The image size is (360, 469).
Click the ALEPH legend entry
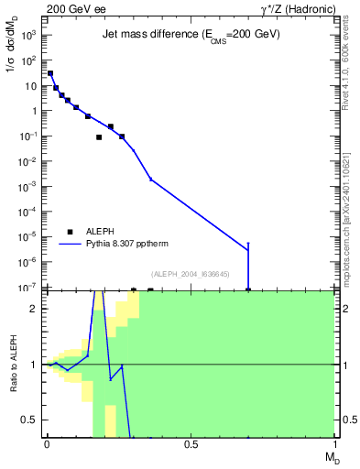coord(96,233)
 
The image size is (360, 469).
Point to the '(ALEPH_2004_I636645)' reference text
coord(191,273)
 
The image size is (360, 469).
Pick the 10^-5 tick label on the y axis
coord(28,238)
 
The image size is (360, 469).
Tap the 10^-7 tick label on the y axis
coord(28,289)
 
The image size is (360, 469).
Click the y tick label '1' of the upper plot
coord(35,111)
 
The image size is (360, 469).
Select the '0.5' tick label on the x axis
coord(191,444)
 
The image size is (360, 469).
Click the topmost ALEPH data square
coord(50,73)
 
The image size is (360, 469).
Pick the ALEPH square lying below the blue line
coord(99,137)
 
